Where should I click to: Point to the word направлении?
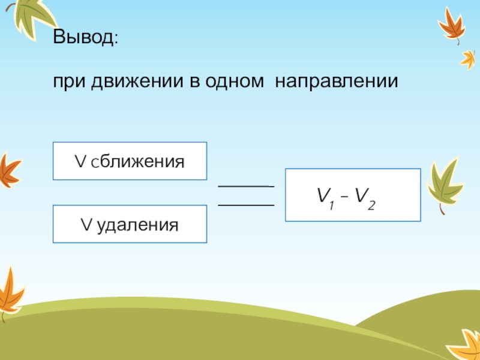tap(337, 81)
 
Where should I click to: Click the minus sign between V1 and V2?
tap(344, 196)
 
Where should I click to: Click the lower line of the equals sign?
tap(245, 205)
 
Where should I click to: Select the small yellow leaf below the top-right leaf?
tap(467, 58)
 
